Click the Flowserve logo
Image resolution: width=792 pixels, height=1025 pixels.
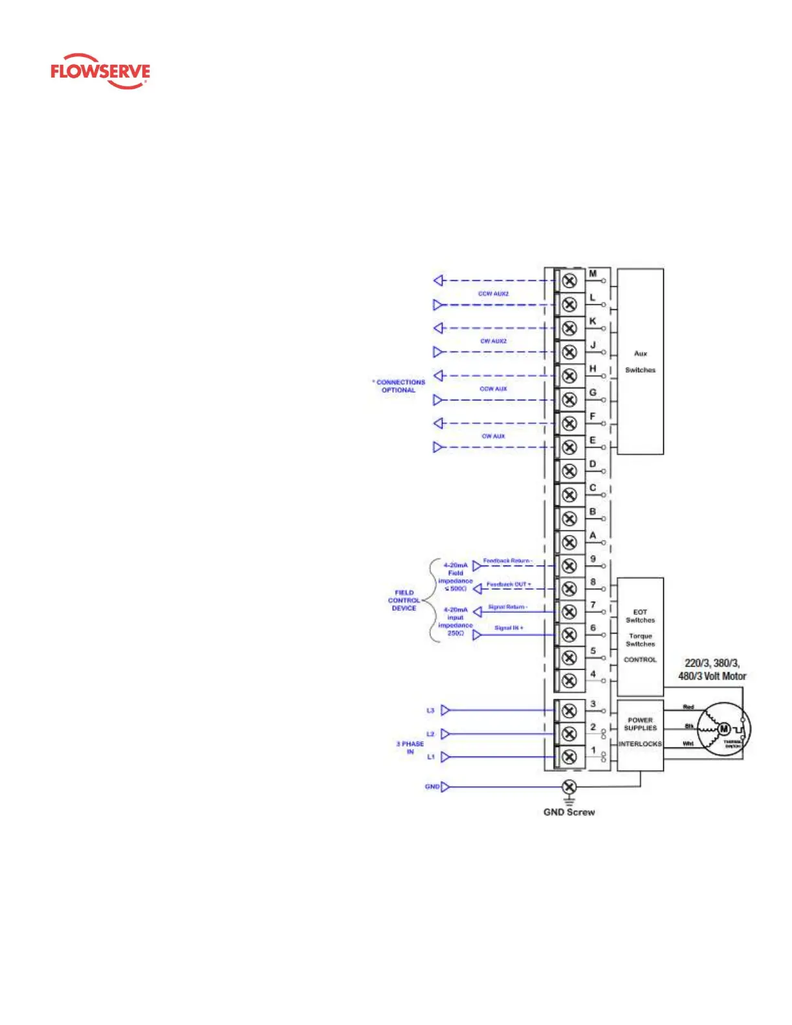[x=100, y=71]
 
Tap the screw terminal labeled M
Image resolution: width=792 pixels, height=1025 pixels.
[x=569, y=281]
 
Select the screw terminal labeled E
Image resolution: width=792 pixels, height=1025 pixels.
[x=569, y=447]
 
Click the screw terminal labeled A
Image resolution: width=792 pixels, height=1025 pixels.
[x=569, y=542]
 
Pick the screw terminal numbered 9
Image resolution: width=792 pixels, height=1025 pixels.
[x=569, y=566]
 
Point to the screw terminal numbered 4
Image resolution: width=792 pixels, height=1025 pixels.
[x=569, y=681]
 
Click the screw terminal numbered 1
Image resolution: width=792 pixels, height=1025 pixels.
[x=569, y=756]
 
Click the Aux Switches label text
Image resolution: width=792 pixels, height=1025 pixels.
[x=640, y=362]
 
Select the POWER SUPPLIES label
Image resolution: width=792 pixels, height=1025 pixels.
[x=640, y=723]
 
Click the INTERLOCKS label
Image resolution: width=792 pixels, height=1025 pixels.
[x=640, y=744]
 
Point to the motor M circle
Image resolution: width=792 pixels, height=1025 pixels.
[x=724, y=729]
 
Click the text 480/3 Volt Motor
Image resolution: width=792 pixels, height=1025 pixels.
[x=712, y=676]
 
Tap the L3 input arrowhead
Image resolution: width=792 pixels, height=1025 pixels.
[x=445, y=711]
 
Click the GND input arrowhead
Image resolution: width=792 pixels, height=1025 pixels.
[x=445, y=787]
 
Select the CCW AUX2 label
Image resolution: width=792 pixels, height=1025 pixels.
[x=493, y=294]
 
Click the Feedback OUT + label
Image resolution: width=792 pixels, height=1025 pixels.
[x=509, y=584]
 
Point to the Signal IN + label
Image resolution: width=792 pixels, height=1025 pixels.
[x=509, y=628]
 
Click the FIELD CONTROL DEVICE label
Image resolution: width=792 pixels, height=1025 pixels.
[x=404, y=601]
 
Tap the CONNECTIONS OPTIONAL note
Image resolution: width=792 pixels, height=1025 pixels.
[x=399, y=386]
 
